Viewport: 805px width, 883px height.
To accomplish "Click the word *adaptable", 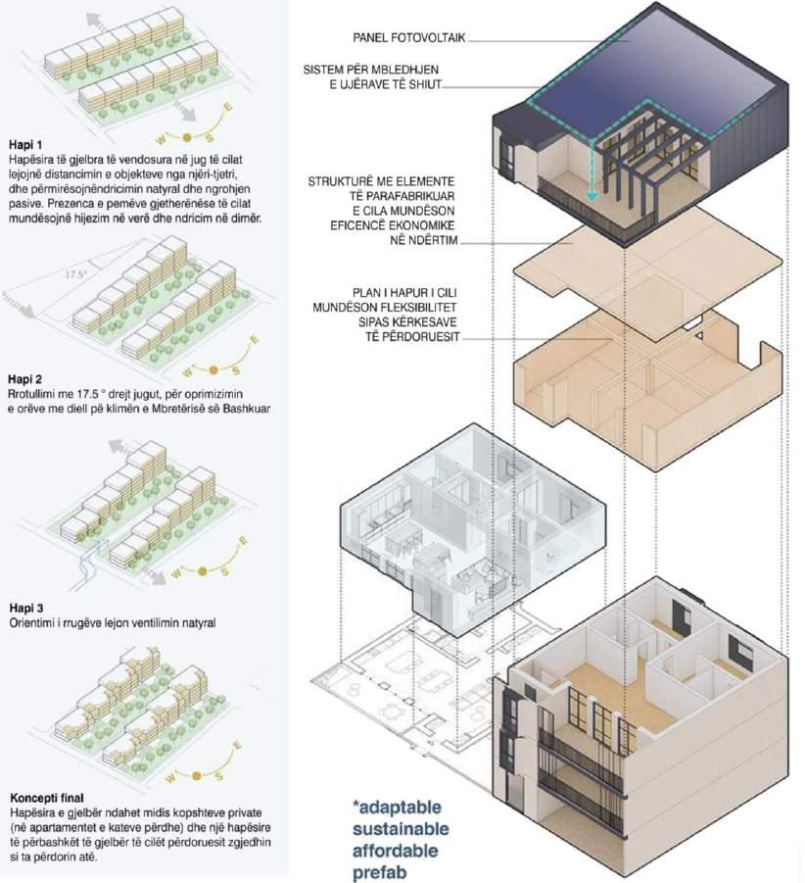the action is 398,808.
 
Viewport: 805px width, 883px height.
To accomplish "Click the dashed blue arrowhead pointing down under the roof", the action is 591,196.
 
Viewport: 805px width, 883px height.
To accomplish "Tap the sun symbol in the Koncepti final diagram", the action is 196,775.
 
